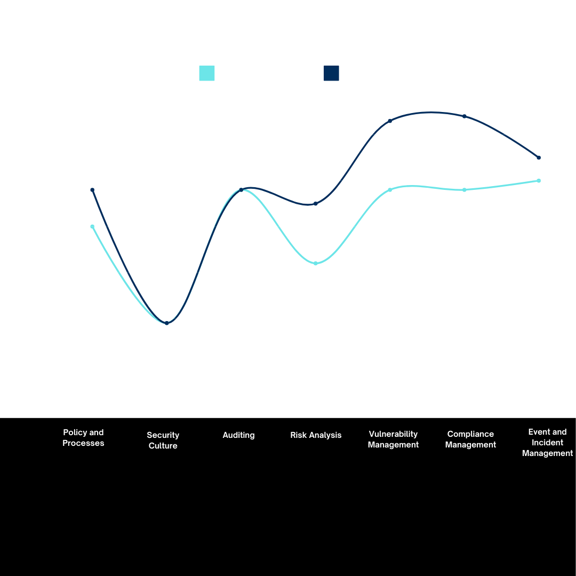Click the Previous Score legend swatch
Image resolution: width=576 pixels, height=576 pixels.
206,73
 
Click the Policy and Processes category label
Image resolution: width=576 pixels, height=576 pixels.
83,438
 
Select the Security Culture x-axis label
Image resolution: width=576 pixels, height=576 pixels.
163,441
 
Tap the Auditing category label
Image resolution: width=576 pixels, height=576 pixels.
238,435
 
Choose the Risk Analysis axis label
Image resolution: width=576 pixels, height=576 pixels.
316,435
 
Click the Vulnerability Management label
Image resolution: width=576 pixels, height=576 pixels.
393,439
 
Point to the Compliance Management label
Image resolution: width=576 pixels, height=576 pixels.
470,439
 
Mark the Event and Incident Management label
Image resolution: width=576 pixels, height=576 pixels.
547,443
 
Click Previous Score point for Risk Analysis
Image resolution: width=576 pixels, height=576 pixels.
316,263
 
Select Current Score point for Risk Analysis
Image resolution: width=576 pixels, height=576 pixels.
316,204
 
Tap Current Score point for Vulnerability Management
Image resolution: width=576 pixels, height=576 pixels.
390,121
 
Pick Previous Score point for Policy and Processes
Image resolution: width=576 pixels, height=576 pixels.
92,227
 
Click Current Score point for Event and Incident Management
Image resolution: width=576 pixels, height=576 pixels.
539,158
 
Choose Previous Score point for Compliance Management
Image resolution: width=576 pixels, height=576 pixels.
465,190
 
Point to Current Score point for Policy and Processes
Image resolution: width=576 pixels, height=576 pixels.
92,190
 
